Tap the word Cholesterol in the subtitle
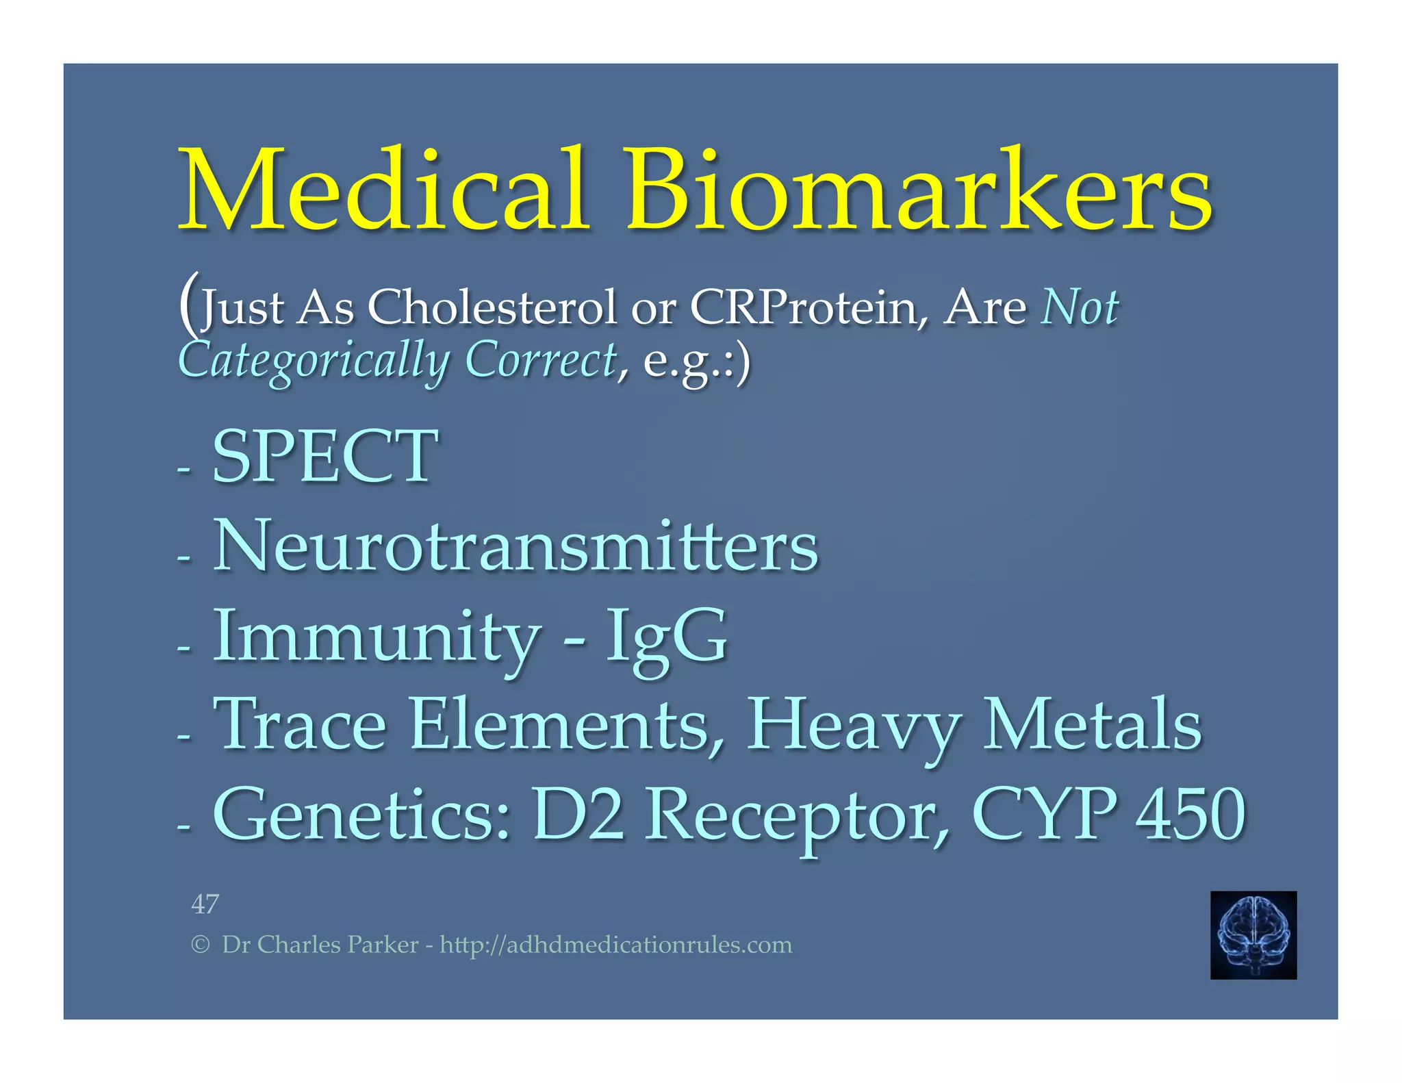pyautogui.click(x=492, y=307)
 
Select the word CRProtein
pyautogui.click(x=803, y=307)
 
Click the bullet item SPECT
pyautogui.click(x=325, y=456)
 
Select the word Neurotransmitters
pyautogui.click(x=515, y=546)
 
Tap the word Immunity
pyautogui.click(x=377, y=637)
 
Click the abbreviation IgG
pyautogui.click(x=665, y=637)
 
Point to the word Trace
pyautogui.click(x=300, y=724)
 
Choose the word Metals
pyautogui.click(x=1092, y=724)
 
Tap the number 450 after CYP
pyautogui.click(x=1190, y=815)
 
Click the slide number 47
pyautogui.click(x=205, y=904)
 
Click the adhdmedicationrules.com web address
pyautogui.click(x=615, y=945)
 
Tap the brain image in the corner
pyautogui.click(x=1253, y=934)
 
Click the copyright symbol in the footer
pyautogui.click(x=200, y=945)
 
